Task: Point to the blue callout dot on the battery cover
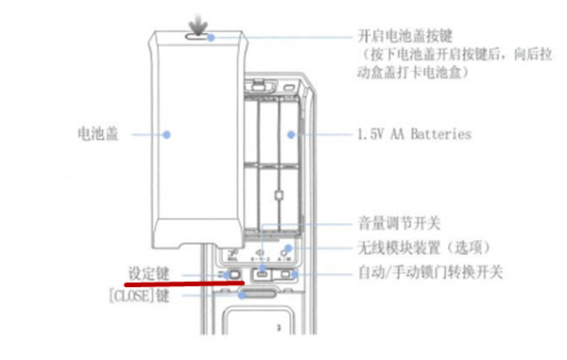[x=166, y=134]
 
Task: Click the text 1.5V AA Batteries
[x=414, y=134]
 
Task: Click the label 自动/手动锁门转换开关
[x=431, y=272]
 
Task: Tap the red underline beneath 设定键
[x=183, y=283]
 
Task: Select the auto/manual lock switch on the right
[x=290, y=275]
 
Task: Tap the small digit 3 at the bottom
[x=278, y=328]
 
